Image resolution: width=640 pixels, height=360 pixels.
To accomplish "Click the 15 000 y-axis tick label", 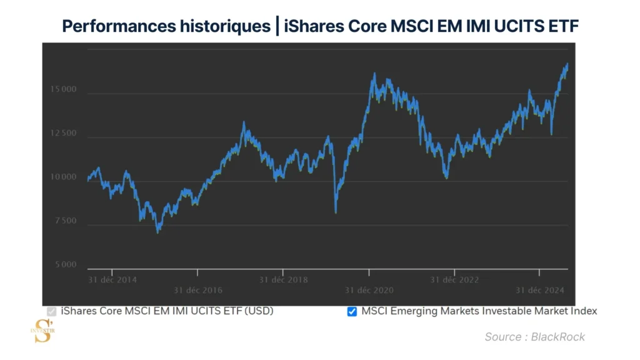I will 63,90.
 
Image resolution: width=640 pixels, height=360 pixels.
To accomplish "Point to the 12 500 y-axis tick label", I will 63,134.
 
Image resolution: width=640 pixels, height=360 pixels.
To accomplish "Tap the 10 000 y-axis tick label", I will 63,177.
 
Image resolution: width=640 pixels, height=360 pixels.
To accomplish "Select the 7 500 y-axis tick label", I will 65,221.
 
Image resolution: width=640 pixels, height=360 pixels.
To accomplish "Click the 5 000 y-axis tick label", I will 65,265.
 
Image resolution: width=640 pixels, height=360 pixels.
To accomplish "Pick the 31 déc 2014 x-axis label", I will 112,279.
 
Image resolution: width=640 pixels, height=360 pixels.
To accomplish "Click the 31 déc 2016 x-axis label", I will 197,290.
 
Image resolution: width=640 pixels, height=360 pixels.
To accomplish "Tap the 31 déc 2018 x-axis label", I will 283,279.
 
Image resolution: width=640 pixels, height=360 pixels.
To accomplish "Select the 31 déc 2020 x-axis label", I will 369,290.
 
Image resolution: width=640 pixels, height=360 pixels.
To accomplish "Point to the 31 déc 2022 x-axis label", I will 454,279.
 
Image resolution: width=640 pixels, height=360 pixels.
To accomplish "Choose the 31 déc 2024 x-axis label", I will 540,290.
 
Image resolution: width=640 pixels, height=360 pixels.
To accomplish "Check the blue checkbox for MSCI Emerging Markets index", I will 352,311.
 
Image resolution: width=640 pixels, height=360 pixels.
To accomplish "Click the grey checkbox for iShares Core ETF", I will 52,311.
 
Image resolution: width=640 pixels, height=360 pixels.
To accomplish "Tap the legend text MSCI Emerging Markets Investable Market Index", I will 479,311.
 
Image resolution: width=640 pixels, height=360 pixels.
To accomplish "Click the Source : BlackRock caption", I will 534,337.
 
